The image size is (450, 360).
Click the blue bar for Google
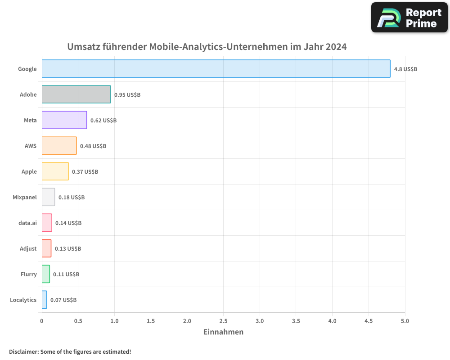point(216,69)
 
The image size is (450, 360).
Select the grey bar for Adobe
point(76,94)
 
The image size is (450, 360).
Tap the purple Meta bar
point(64,120)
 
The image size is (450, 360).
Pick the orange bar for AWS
point(59,146)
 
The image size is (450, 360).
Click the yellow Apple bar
point(55,171)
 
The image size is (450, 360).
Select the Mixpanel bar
point(48,197)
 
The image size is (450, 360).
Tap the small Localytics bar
point(44,300)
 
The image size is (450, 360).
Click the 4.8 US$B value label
point(405,69)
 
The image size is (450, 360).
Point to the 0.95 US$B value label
point(127,95)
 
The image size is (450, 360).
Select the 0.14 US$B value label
point(68,223)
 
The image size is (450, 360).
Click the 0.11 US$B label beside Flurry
point(66,274)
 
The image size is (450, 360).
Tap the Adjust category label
point(28,249)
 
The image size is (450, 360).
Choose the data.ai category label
point(28,223)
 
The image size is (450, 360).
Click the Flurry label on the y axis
point(29,274)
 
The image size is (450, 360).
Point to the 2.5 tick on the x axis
point(224,321)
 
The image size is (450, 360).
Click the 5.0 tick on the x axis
point(405,321)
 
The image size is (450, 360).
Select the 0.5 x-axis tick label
point(78,321)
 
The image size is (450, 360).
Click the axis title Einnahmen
point(223,332)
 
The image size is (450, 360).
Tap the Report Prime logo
point(409,18)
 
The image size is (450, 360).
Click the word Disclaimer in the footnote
point(23,352)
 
